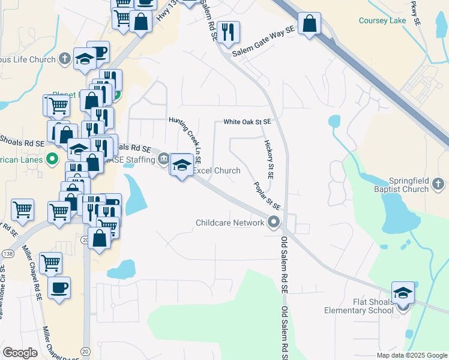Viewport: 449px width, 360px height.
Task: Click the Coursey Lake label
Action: click(382, 20)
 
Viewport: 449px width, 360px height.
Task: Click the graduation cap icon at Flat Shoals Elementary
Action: click(403, 292)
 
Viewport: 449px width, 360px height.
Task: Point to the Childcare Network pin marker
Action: click(274, 223)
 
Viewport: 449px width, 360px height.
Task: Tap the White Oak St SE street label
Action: click(247, 122)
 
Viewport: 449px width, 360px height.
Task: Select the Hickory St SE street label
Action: click(268, 160)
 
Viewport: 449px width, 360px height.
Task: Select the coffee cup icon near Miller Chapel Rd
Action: click(59, 287)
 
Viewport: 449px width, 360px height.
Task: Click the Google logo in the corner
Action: click(20, 353)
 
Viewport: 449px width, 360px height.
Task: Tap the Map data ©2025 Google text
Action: click(412, 355)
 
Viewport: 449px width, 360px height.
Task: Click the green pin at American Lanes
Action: click(52, 160)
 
